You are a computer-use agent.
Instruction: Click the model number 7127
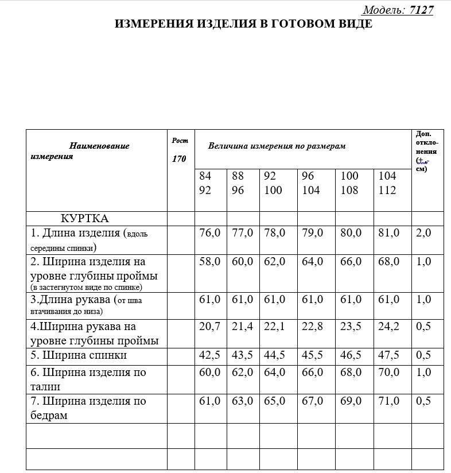(421, 10)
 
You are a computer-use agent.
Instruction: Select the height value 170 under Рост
(179, 159)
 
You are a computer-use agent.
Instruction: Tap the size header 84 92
(205, 183)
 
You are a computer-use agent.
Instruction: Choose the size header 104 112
(387, 183)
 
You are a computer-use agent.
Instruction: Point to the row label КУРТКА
(85, 219)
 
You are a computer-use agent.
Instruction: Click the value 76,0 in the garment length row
(209, 233)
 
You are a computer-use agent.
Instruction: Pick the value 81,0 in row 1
(388, 233)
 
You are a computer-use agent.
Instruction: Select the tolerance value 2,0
(423, 233)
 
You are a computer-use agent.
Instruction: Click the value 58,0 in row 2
(209, 262)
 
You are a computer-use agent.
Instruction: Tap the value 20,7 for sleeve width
(209, 327)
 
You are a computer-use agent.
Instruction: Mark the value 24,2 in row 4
(388, 327)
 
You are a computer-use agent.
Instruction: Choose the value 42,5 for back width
(209, 355)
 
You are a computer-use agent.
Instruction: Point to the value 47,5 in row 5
(388, 355)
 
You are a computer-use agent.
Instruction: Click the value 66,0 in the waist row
(313, 373)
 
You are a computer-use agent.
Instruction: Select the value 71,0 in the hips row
(388, 401)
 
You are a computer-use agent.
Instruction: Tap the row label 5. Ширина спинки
(79, 356)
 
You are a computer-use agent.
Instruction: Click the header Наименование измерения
(80, 151)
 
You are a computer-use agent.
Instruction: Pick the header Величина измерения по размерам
(277, 146)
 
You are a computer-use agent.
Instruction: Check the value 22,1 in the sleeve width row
(274, 327)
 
